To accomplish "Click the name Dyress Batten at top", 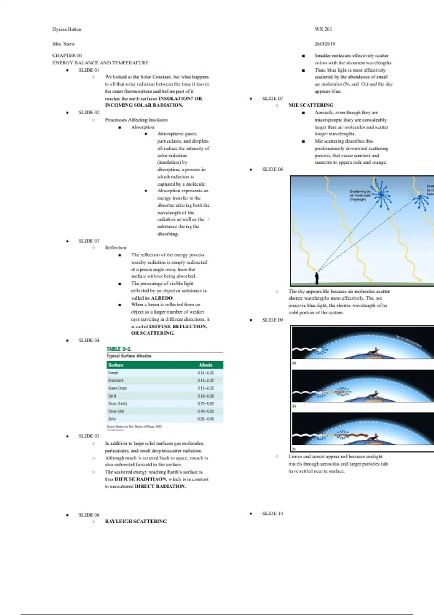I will tap(67, 29).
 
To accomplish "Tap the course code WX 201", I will tap(323, 29).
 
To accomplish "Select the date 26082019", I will tap(325, 44).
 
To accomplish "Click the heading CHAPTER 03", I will tap(67, 55).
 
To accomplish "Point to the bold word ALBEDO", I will tap(162, 298).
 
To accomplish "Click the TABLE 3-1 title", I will tap(119, 349).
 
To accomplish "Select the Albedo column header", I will tap(205, 365).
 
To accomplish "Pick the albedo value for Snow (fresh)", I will tap(205, 403).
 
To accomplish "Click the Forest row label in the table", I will tap(113, 373).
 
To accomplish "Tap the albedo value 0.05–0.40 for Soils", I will tap(205, 419).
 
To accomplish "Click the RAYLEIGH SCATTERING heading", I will tap(136, 521).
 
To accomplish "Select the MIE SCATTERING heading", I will tap(311, 105).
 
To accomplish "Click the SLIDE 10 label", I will tap(273, 513).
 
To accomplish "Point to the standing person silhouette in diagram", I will tap(316, 278).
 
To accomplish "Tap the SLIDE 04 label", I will tap(89, 340).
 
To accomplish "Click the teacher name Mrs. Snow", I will tap(63, 44).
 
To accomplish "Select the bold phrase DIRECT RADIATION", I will tap(161, 487).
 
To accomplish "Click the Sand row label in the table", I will tap(112, 396).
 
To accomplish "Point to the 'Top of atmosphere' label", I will tap(408, 341).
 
